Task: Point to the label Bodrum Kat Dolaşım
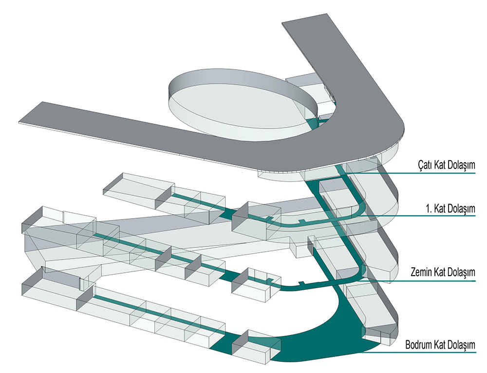(440, 345)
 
